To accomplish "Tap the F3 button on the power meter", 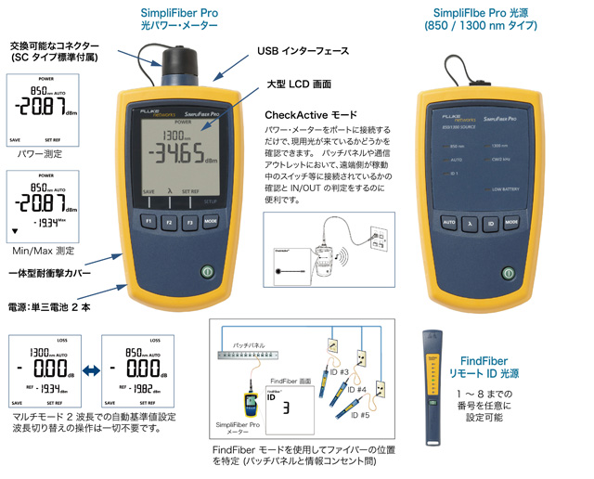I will pyautogui.click(x=188, y=224).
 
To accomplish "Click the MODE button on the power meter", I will pyautogui.click(x=211, y=224).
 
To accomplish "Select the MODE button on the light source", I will pyautogui.click(x=511, y=223).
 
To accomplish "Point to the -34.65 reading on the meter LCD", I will pyautogui.click(x=179, y=152).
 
